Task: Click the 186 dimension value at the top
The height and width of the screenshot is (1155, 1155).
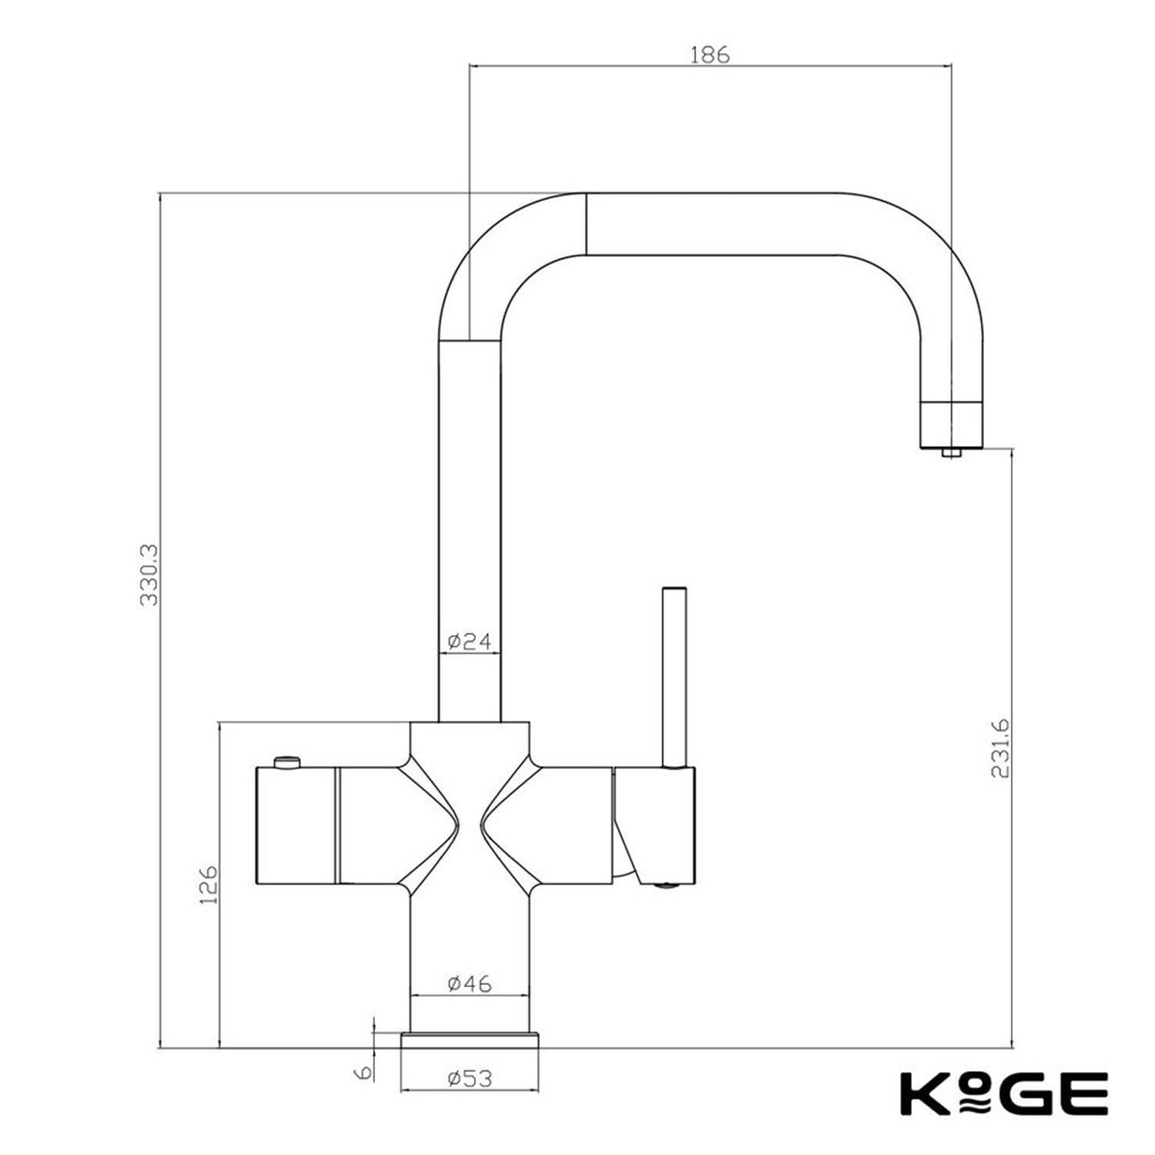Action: pos(709,55)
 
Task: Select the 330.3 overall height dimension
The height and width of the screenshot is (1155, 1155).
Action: pos(149,574)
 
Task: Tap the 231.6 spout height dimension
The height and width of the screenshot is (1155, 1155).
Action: pos(1000,748)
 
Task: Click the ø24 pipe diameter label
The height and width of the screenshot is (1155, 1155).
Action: pos(469,641)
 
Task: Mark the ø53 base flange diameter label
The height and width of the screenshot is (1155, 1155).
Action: pos(469,1078)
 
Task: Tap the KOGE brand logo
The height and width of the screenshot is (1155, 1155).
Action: pos(1004,1093)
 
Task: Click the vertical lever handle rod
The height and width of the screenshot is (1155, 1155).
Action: pos(675,678)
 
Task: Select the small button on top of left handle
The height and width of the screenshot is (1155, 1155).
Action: pos(287,762)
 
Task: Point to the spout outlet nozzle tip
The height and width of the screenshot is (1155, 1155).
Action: pos(951,452)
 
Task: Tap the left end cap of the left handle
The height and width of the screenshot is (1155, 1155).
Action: pos(296,825)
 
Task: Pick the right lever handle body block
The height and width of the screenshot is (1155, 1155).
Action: pos(654,824)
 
